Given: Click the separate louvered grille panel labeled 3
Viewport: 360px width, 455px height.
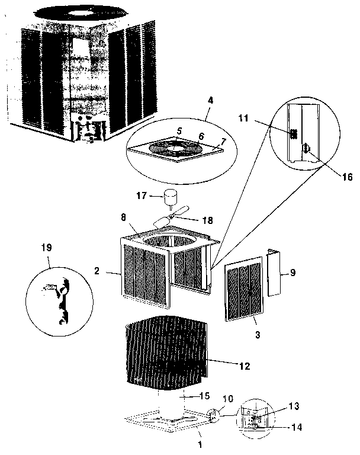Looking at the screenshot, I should coord(244,290).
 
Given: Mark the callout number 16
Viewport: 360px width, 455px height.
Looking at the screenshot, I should coord(346,177).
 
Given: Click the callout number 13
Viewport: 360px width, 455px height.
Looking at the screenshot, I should coord(294,406).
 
